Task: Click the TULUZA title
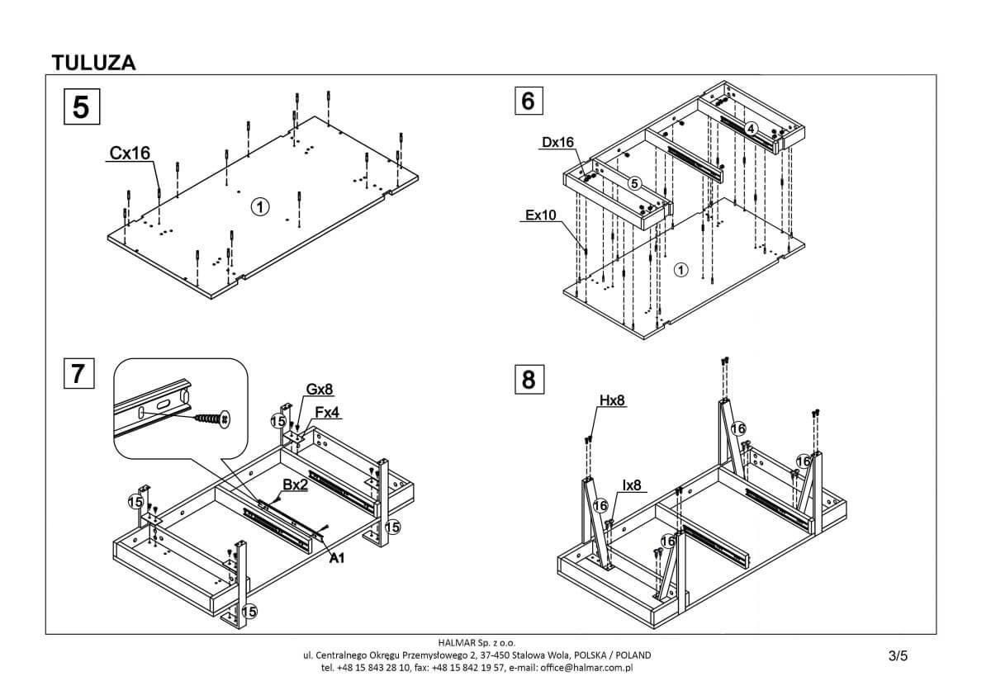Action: [x=93, y=62]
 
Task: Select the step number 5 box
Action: [x=81, y=106]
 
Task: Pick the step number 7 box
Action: [x=78, y=373]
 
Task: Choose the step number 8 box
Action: [x=529, y=379]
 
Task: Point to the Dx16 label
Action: [x=557, y=142]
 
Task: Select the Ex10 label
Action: [x=541, y=215]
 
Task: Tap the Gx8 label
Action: [x=320, y=389]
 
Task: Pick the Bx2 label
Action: [x=295, y=485]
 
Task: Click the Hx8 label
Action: [x=612, y=401]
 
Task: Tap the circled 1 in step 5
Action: [x=259, y=206]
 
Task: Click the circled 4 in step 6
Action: [x=750, y=129]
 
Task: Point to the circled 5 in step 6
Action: [x=634, y=183]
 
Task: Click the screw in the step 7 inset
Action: [x=212, y=419]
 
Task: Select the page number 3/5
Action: [x=898, y=656]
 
